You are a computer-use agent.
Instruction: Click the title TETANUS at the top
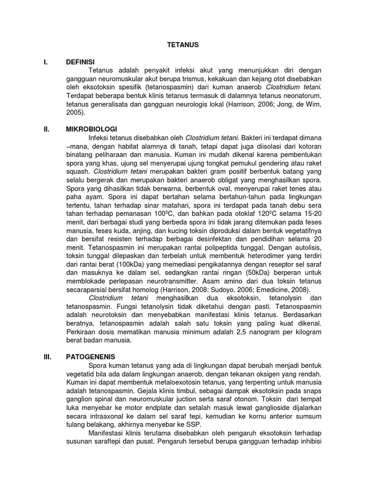183,45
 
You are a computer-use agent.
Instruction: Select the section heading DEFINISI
81,62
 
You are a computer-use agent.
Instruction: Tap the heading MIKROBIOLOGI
92,130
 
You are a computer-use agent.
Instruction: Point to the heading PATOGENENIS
91,356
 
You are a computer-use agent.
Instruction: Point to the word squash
77,172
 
